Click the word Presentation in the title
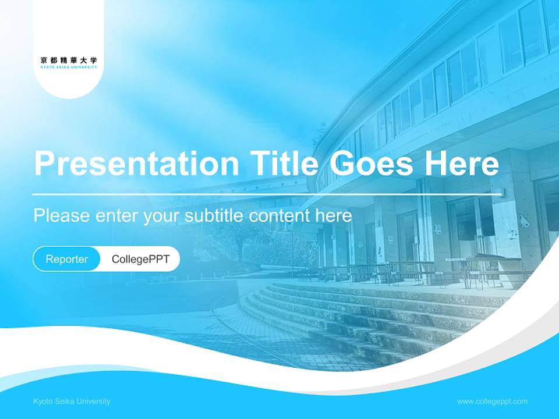136,164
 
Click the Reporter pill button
67,259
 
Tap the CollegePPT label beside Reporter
140,259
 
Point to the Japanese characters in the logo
69,59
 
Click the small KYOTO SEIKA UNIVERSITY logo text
69,67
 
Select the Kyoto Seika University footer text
72,402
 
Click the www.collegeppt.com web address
492,402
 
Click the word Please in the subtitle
62,215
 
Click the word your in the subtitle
162,216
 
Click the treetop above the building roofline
320,133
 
